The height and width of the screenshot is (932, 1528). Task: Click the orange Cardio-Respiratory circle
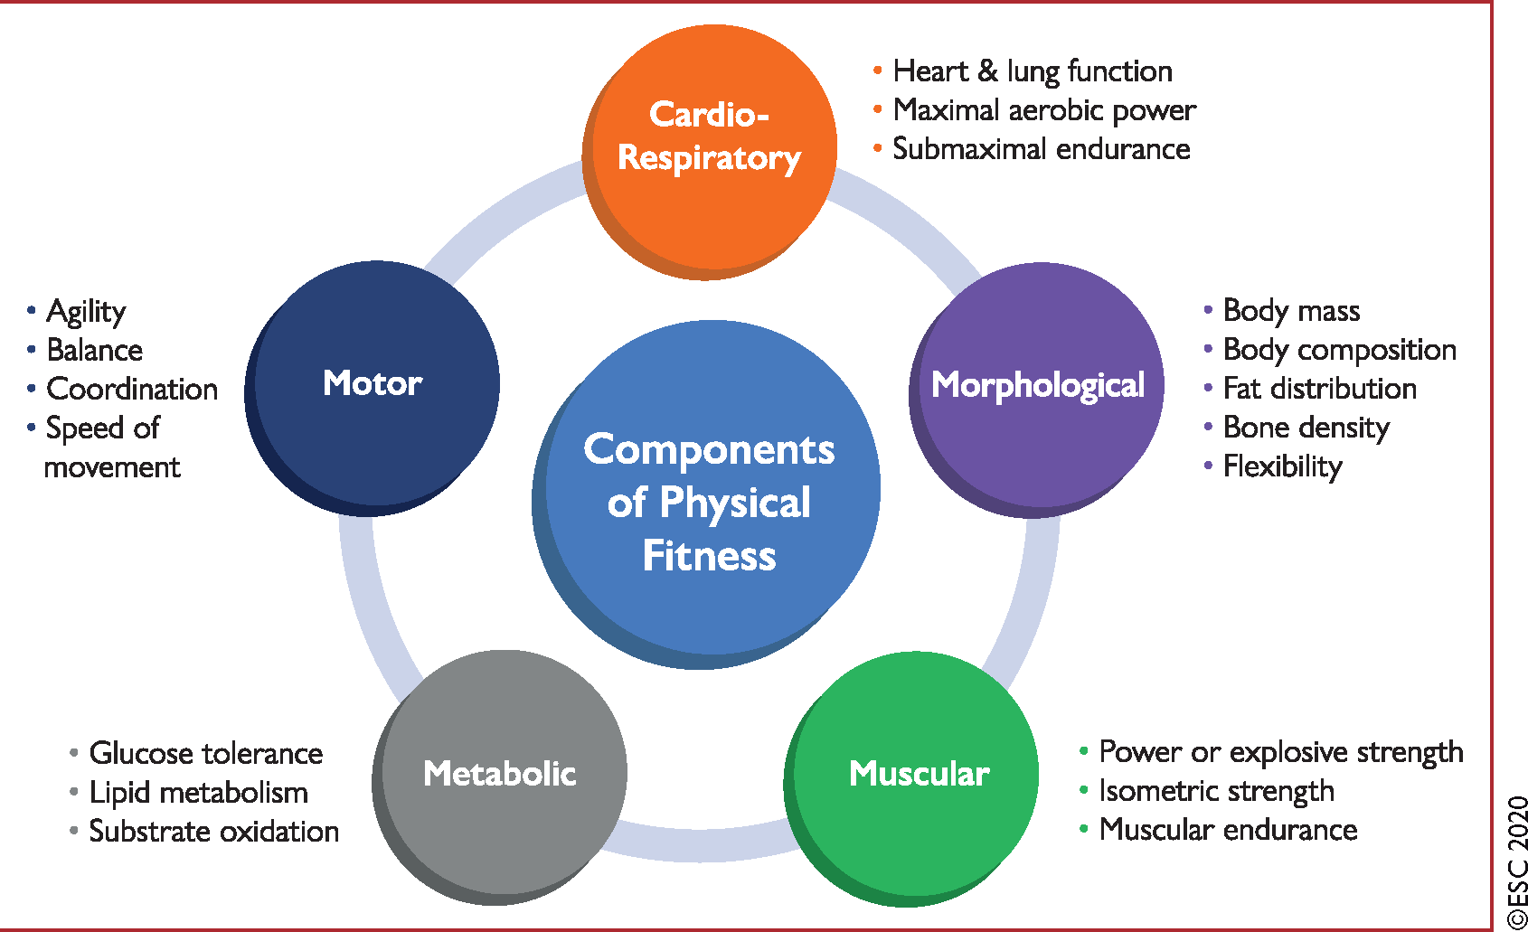pos(711,149)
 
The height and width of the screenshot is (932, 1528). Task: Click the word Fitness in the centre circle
pos(709,556)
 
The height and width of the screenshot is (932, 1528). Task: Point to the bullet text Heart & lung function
pos(1032,71)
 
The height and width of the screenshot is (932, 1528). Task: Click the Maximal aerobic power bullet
pos(1043,109)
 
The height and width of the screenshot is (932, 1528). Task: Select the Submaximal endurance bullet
pos(1041,149)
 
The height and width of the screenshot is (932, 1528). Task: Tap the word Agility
pos(86,312)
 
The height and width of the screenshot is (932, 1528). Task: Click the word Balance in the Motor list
pos(94,350)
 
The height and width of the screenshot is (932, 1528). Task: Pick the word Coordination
pos(132,389)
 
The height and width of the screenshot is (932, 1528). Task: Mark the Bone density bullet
pos(1306,428)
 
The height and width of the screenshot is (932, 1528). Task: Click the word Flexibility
pos(1282,466)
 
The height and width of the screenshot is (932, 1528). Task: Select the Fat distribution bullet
pos(1319,389)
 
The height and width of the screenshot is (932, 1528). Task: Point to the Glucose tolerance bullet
pos(205,753)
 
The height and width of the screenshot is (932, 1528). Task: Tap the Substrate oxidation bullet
pos(213,832)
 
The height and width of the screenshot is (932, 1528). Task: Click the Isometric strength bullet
pos(1216,791)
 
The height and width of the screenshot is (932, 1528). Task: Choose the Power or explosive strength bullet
pos(1280,752)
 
